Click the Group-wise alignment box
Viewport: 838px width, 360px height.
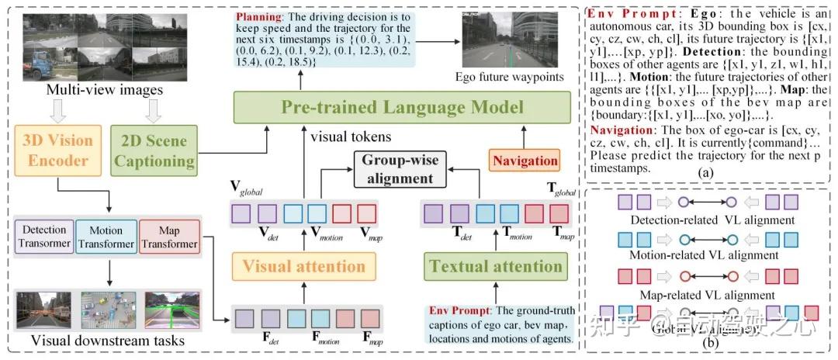pos(396,169)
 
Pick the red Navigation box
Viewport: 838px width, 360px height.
pos(524,161)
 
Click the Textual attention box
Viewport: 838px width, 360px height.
pos(495,266)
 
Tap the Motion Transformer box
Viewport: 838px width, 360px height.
pos(106,237)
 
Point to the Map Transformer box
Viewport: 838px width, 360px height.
pos(169,237)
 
